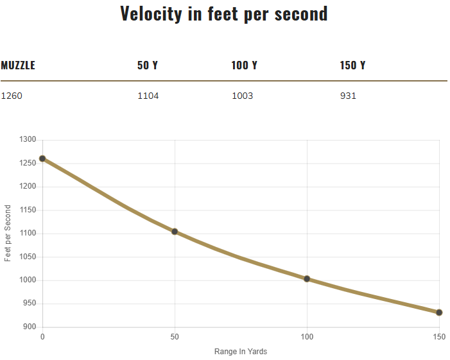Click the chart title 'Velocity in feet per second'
[224, 13]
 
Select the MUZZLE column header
[18, 65]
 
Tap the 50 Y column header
[147, 65]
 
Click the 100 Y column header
[244, 65]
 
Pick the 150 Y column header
[352, 65]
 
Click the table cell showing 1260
[11, 96]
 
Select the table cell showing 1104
[148, 96]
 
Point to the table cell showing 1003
[242, 96]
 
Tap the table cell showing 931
[348, 96]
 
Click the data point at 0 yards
[42, 159]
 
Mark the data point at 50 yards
[175, 232]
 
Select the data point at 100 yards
[307, 279]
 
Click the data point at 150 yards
[439, 313]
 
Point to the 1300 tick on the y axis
[27, 140]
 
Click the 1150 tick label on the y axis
[27, 210]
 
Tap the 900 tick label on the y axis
[29, 327]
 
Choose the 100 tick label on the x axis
[307, 337]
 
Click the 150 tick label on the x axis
[439, 337]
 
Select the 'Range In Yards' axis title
[240, 352]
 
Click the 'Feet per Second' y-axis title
[8, 233]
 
